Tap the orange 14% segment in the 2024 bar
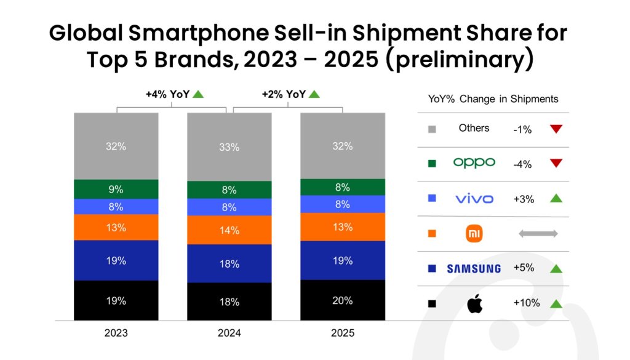click(x=229, y=230)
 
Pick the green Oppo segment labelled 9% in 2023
click(x=116, y=190)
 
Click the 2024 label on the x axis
click(x=229, y=334)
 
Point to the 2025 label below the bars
click(x=342, y=334)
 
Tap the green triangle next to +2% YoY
click(x=314, y=94)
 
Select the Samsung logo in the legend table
click(x=473, y=268)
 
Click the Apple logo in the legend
click(x=474, y=303)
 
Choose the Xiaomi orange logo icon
click(x=474, y=234)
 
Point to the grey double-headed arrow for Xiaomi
click(x=538, y=234)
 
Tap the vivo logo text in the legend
click(x=474, y=199)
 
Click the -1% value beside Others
click(x=522, y=129)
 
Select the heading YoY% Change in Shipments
click(x=493, y=99)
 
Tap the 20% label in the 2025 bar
click(x=342, y=301)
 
